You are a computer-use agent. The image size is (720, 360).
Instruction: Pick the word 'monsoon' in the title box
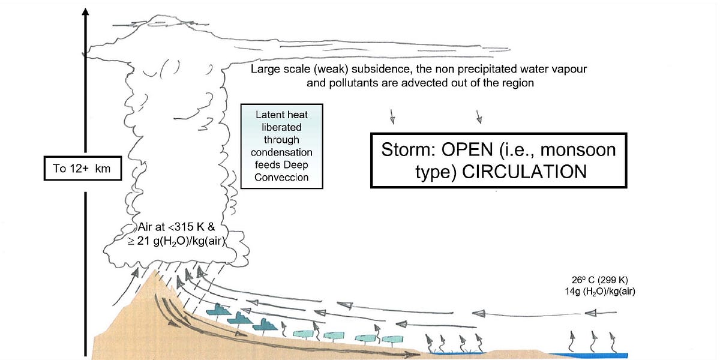click(x=580, y=149)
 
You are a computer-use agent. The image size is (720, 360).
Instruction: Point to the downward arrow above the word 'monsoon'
click(x=478, y=115)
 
